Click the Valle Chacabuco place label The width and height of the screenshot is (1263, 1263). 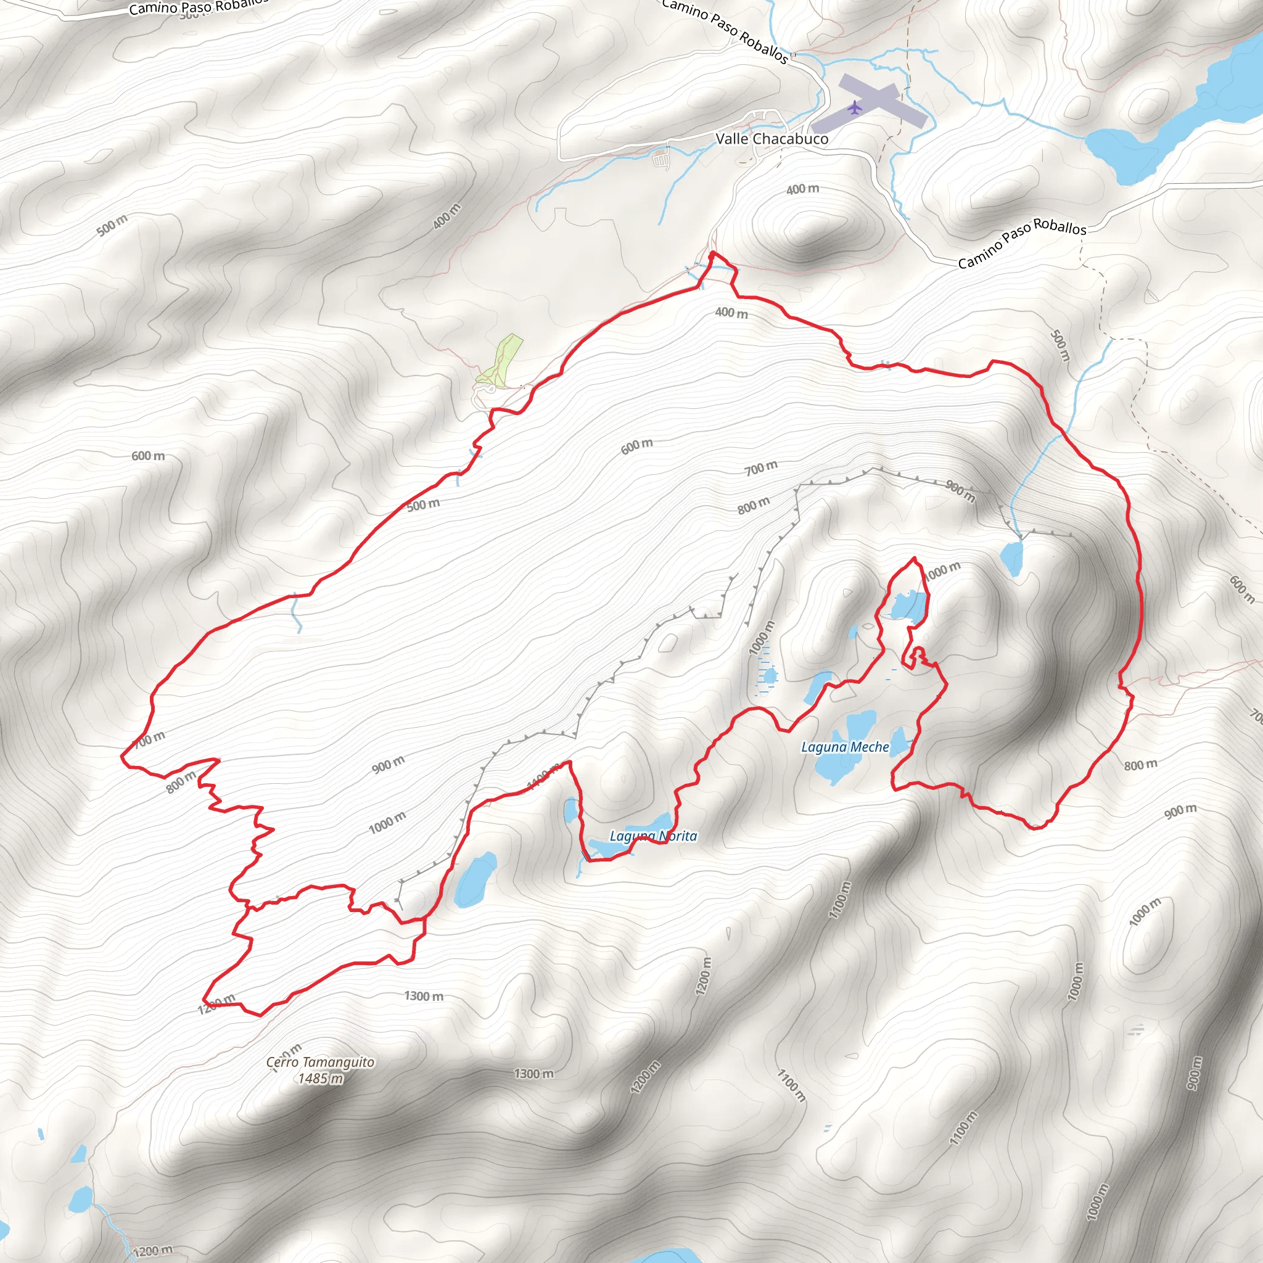click(x=772, y=139)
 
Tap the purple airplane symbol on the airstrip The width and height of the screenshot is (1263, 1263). click(x=854, y=107)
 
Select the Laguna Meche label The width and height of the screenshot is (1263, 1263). click(x=845, y=747)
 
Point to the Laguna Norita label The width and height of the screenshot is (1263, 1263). click(x=653, y=836)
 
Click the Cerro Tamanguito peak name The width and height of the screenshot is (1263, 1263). click(x=320, y=1063)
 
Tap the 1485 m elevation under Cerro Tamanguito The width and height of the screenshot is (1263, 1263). click(x=320, y=1079)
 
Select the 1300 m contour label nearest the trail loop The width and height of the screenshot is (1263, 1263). click(x=424, y=997)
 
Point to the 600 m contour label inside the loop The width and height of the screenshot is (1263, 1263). click(x=636, y=446)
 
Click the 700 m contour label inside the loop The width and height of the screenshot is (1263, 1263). click(x=761, y=467)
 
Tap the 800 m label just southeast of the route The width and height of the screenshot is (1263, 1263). click(x=1141, y=765)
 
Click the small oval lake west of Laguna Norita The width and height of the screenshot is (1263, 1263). click(x=475, y=880)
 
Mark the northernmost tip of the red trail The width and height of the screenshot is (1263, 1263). click(x=712, y=252)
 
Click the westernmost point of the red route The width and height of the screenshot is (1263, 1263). click(x=122, y=757)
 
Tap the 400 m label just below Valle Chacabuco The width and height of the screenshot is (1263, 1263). click(x=803, y=189)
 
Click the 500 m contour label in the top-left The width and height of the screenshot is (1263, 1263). click(x=112, y=226)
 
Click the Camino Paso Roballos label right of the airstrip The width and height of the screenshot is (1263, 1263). click(x=1022, y=243)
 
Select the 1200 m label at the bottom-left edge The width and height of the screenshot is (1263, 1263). click(x=153, y=1251)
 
